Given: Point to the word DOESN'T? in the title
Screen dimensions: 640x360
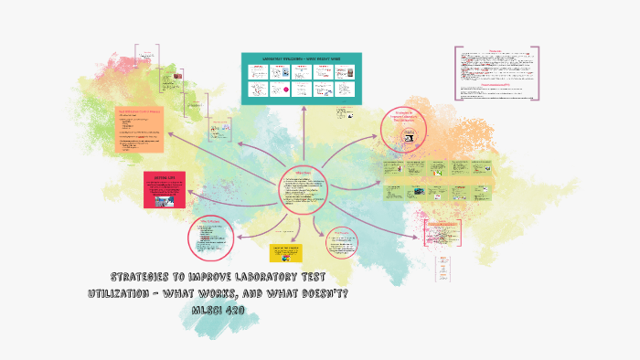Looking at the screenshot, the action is click(x=325, y=292).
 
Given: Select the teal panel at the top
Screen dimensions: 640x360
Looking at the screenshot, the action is click(x=302, y=78).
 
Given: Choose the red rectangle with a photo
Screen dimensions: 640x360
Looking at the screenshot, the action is click(x=165, y=190).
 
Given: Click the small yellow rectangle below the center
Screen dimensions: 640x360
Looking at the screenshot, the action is click(x=286, y=253).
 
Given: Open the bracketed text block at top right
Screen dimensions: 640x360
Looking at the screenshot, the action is click(x=496, y=72).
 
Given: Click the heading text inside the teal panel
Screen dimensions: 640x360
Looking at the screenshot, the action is click(x=302, y=58).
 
